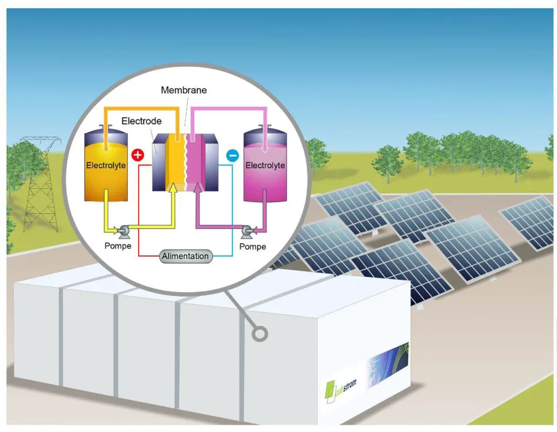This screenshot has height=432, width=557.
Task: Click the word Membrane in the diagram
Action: point(184,90)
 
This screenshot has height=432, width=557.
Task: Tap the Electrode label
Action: point(141,121)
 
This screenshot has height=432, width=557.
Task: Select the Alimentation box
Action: point(185,256)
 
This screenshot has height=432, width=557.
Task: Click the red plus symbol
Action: point(138,155)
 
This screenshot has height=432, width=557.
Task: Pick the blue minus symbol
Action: point(232,156)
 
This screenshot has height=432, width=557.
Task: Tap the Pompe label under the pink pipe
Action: point(252,246)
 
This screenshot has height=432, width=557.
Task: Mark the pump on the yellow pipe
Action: point(125,231)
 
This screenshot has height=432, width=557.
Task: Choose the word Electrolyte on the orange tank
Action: point(106,165)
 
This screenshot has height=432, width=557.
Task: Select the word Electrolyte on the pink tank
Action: point(265,165)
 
